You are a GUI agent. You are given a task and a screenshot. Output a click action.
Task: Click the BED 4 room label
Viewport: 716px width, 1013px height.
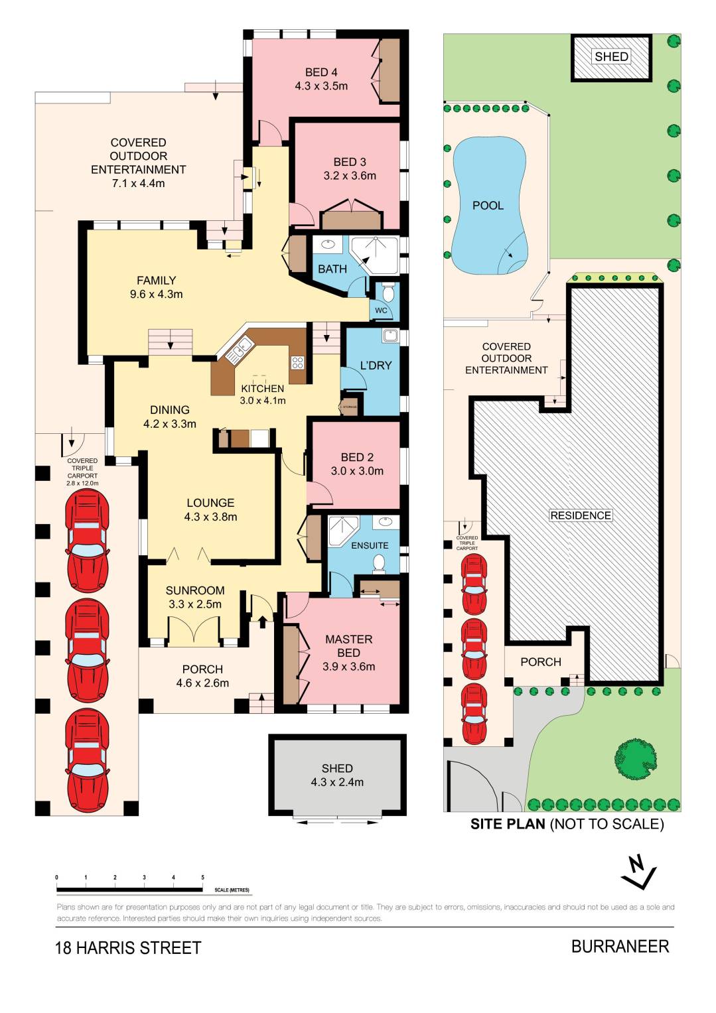click(321, 72)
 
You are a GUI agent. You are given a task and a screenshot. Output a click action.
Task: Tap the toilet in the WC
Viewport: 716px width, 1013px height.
click(388, 293)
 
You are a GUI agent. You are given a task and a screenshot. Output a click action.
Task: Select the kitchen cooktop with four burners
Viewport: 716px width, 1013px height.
click(297, 362)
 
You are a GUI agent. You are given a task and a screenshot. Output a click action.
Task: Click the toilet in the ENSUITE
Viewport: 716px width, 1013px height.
click(379, 563)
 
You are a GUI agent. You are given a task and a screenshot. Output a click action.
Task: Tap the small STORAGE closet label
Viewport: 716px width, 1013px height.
click(349, 407)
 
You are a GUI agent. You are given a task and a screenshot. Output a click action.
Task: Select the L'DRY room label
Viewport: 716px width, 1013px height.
click(376, 366)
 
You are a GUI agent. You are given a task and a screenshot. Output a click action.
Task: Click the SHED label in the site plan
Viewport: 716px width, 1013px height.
click(611, 57)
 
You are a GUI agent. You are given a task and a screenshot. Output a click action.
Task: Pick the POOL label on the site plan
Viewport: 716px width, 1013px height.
click(488, 206)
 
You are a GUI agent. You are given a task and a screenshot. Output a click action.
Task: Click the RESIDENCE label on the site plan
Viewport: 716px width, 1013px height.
click(580, 515)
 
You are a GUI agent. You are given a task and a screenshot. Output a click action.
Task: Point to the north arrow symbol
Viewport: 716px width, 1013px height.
click(638, 872)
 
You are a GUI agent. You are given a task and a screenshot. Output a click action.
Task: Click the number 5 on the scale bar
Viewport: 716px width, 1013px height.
click(203, 878)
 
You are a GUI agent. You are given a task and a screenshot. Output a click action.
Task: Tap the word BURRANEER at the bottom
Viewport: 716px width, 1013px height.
click(620, 947)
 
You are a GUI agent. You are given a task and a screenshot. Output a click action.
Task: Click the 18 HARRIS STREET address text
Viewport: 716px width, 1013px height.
click(127, 948)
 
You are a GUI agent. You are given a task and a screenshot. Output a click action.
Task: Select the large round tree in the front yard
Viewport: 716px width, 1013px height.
click(636, 756)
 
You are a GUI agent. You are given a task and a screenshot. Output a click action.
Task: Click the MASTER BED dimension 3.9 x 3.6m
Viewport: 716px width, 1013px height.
click(348, 667)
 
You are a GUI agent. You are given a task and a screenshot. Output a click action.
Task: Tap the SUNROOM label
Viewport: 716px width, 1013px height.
click(195, 590)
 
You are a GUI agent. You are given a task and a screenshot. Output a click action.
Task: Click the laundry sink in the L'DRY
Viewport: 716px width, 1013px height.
click(390, 336)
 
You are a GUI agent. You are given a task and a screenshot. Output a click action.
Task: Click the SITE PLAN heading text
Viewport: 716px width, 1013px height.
click(508, 824)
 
